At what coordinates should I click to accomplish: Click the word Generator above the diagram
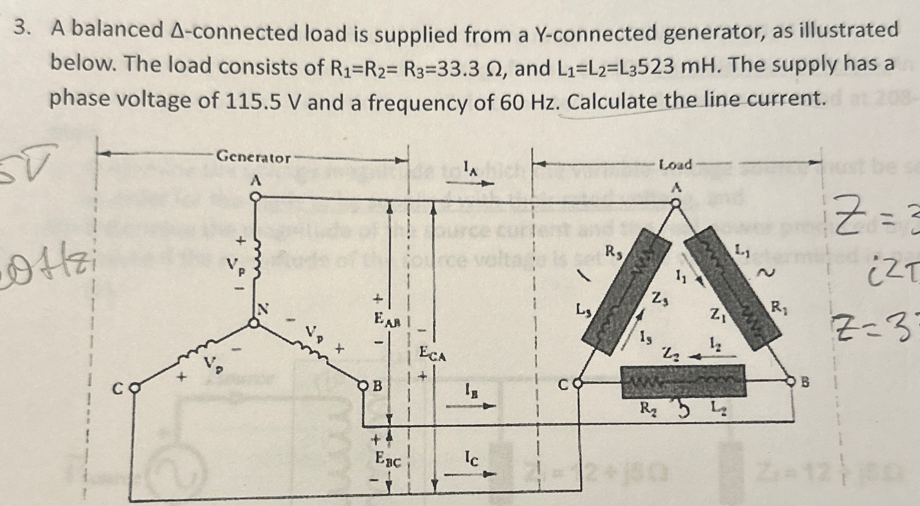253,157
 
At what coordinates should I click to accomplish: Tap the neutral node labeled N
255,323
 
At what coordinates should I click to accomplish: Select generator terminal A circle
256,197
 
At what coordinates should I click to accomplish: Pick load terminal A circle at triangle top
676,203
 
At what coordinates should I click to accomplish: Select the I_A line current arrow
470,183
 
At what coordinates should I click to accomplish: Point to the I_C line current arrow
470,474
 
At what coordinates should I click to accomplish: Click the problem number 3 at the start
20,29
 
